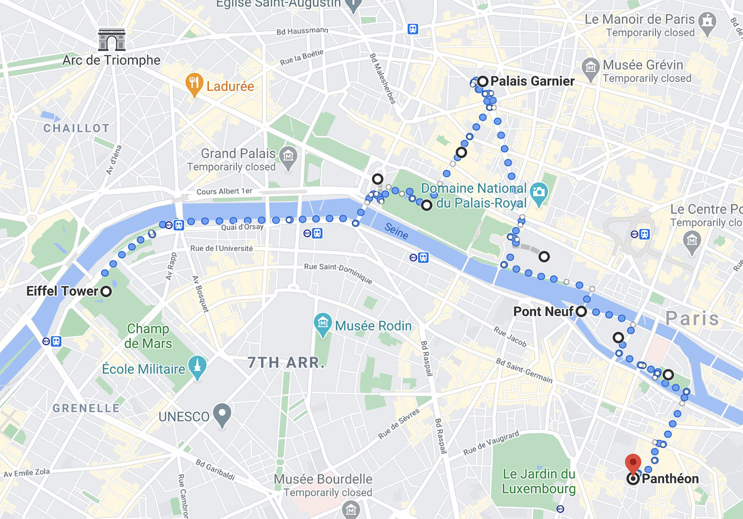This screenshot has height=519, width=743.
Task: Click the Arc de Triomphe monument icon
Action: [112, 40]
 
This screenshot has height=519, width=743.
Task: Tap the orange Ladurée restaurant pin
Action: [194, 84]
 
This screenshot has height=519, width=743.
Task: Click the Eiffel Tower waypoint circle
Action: [106, 292]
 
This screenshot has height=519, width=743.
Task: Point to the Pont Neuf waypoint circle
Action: [581, 312]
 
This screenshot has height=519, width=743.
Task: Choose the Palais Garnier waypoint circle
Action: [482, 81]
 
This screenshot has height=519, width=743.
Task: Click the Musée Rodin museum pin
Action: [323, 324]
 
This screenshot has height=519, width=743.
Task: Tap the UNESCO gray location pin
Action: [222, 414]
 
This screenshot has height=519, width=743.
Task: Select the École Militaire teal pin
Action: [197, 367]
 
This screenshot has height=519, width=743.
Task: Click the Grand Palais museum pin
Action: [288, 156]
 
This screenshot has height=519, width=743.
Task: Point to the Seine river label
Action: [397, 231]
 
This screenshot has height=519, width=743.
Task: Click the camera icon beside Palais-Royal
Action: [539, 193]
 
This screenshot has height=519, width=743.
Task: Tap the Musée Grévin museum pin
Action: [590, 68]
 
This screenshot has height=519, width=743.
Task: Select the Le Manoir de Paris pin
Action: [707, 22]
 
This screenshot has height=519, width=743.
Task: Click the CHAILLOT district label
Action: [77, 128]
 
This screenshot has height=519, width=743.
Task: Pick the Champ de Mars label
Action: [148, 336]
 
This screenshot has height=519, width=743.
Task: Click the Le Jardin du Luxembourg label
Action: [539, 481]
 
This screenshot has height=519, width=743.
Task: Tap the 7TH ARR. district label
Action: [286, 363]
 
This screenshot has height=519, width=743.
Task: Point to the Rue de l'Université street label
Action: [221, 248]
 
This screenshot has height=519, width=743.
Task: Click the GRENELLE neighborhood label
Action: [86, 408]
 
